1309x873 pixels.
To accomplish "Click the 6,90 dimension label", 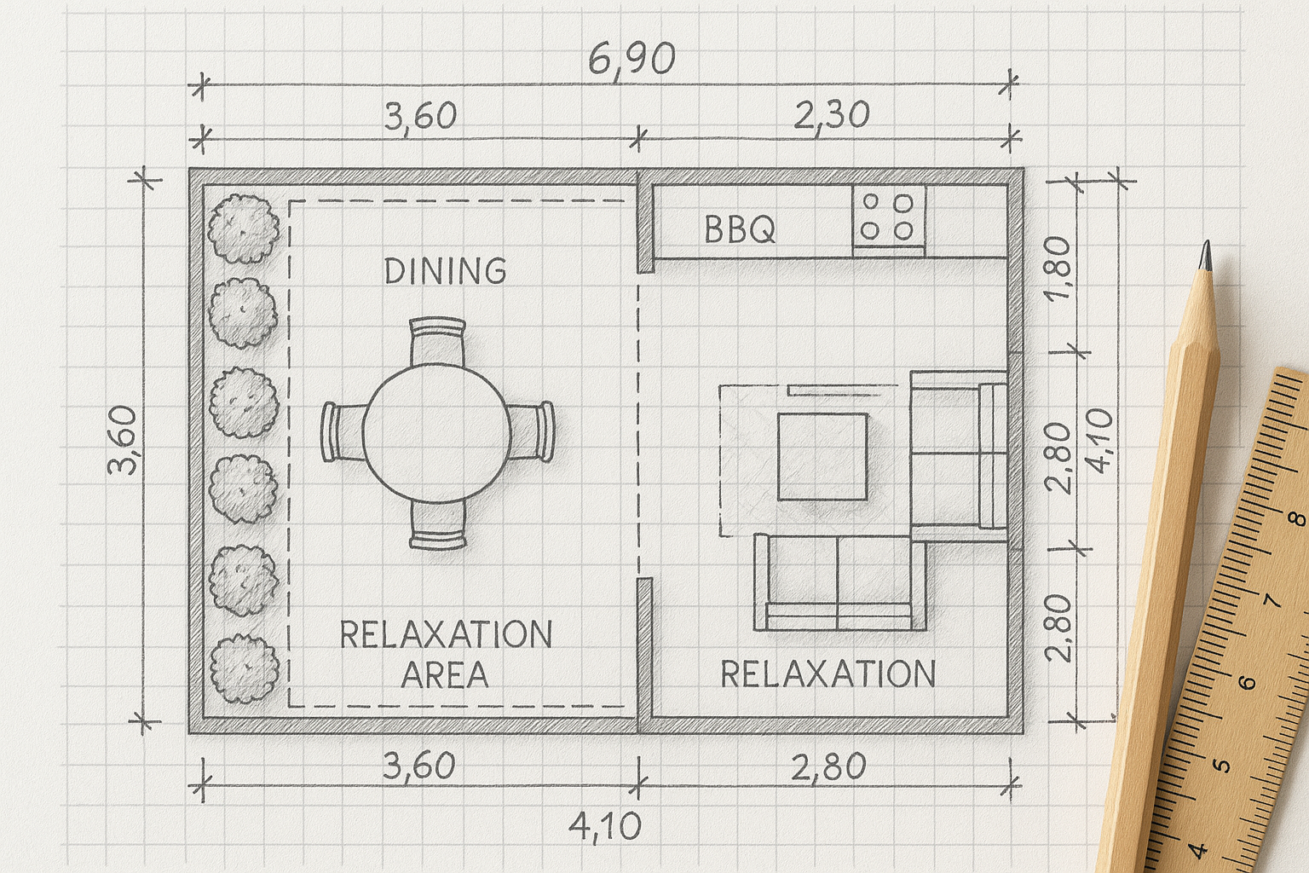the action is point(631,60).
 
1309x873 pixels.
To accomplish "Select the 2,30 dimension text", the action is point(832,116).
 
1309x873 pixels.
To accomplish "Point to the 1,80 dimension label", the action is point(1058,268).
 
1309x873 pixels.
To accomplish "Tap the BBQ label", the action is point(740,229).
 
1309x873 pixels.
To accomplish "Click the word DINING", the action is point(446,271).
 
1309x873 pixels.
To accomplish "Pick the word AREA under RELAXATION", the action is point(445,675).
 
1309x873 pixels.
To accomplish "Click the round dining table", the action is point(436,433).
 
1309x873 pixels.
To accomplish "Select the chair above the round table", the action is point(438,341).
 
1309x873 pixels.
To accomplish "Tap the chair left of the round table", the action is point(343,431).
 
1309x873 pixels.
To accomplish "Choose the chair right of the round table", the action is point(531,431).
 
